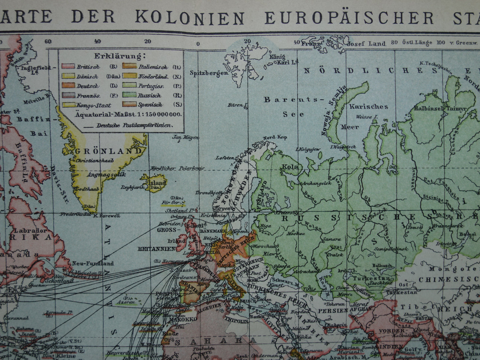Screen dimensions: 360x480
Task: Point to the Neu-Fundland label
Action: pos(93,263)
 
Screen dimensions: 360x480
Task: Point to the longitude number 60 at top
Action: pos(48,42)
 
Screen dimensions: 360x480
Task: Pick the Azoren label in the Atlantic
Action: pos(126,302)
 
